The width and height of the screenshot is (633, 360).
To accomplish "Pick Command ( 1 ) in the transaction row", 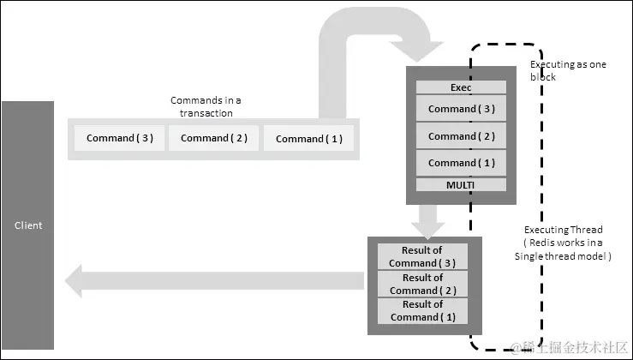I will point(308,138).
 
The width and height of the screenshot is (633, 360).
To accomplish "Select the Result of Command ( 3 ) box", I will point(421,256).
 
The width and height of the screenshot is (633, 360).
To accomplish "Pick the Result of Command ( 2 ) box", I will point(421,284).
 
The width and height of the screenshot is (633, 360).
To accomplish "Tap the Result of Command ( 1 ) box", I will point(421,310).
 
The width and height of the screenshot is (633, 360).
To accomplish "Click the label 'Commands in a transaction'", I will point(206,106).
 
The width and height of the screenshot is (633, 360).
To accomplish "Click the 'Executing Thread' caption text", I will point(563,230).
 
